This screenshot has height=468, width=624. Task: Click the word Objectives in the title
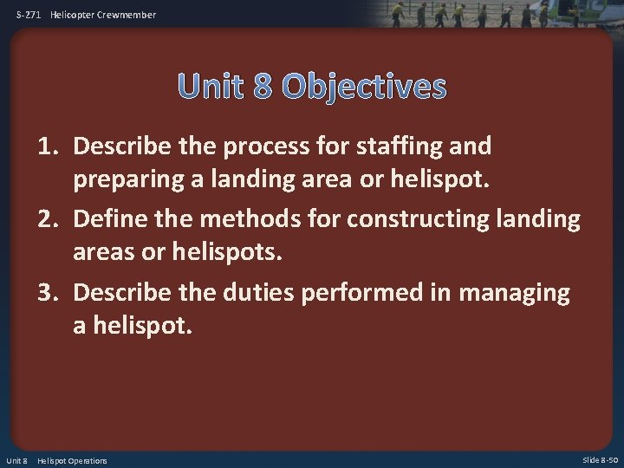click(x=364, y=87)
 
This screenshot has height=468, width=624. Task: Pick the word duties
click(x=255, y=294)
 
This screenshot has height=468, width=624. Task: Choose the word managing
click(x=515, y=294)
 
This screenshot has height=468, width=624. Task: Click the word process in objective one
click(x=260, y=146)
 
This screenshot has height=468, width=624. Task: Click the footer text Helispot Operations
click(x=72, y=460)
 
